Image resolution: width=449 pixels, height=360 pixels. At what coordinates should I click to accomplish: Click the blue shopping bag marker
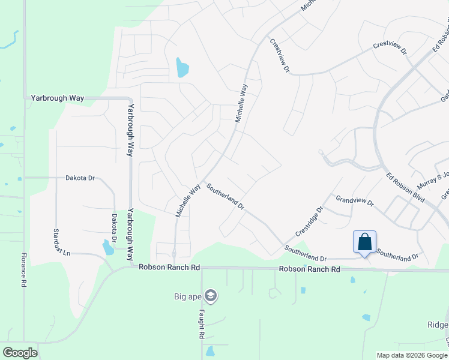coord(364,242)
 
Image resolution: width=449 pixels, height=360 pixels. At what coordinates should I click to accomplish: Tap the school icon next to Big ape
coord(210,296)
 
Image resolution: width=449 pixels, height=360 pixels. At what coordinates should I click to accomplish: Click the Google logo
coord(20,352)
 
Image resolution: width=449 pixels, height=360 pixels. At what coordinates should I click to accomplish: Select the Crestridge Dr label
coord(309,221)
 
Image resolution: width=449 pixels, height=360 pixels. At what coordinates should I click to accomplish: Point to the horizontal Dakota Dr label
coord(80,178)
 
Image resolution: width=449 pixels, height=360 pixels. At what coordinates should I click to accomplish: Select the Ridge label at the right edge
coord(437,325)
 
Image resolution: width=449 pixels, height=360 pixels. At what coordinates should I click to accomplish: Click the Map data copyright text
coord(411,355)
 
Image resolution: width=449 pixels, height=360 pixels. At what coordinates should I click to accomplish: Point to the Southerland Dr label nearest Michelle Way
coord(225,196)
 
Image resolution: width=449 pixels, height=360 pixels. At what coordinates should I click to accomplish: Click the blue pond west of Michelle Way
coord(181,68)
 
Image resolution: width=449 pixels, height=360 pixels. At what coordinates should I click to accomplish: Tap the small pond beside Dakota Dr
coord(107,247)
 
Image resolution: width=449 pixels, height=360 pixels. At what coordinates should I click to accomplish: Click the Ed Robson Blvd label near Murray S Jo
coord(406,187)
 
